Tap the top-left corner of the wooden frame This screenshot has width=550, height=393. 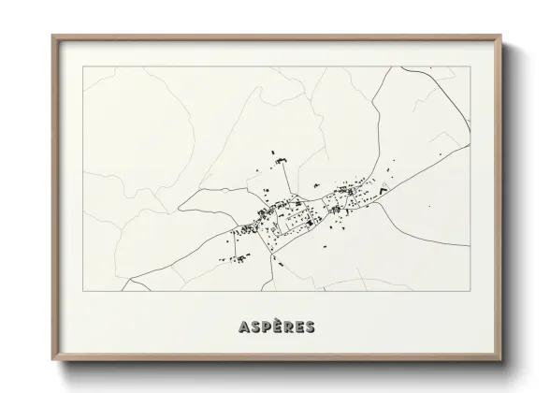pos(52,36)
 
